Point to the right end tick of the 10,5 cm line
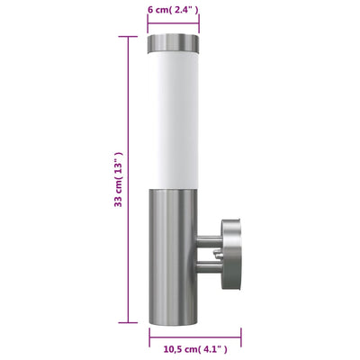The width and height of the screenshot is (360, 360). [x=244, y=334]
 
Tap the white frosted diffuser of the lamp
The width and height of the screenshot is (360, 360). [x=174, y=117]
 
